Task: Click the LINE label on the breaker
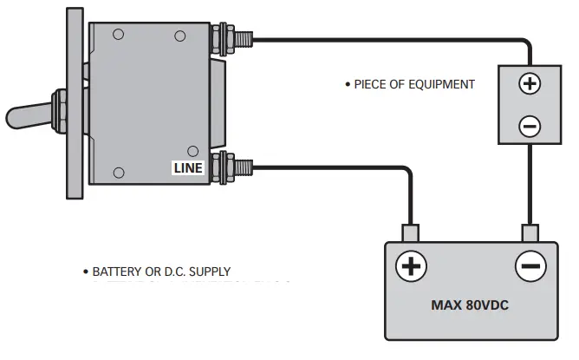(188, 168)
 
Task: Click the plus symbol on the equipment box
(529, 84)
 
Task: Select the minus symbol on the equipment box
(529, 127)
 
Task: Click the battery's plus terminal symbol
(411, 265)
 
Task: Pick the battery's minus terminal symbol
(530, 265)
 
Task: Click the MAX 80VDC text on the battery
(470, 305)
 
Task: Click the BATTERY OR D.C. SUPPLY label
(162, 272)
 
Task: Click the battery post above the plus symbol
(411, 233)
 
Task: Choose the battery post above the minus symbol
(530, 233)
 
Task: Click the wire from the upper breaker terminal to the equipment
(390, 39)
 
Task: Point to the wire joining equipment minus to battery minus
(530, 187)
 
